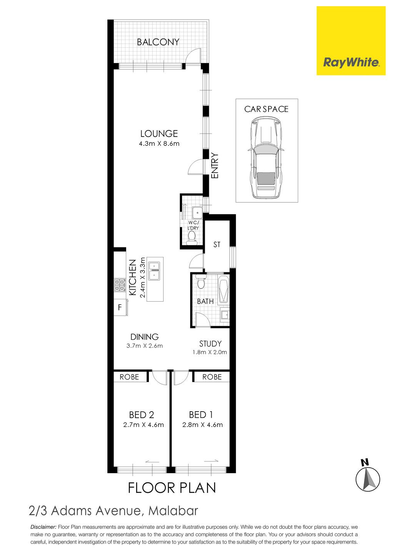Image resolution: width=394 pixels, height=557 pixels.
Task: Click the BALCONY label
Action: [x=158, y=42]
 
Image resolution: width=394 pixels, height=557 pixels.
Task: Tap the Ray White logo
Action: [x=351, y=40]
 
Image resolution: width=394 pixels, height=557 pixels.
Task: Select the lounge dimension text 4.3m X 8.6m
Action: [x=159, y=144]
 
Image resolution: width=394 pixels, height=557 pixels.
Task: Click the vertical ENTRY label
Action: [x=215, y=166]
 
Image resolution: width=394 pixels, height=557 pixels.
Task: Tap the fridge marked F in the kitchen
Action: [x=120, y=307]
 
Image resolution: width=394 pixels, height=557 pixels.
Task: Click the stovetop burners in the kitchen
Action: [x=120, y=285]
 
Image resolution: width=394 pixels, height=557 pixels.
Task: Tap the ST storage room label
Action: [x=217, y=245]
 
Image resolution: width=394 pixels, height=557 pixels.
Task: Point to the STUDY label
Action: [x=210, y=344]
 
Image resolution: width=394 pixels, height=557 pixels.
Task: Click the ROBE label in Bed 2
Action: [x=129, y=377]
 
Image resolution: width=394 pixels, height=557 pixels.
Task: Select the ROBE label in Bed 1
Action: [x=212, y=377]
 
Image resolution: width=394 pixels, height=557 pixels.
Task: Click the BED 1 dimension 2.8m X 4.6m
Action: [x=202, y=425]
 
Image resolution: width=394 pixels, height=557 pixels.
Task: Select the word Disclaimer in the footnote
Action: [x=43, y=527]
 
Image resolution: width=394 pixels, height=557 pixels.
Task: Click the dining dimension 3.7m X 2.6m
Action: [x=145, y=346]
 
